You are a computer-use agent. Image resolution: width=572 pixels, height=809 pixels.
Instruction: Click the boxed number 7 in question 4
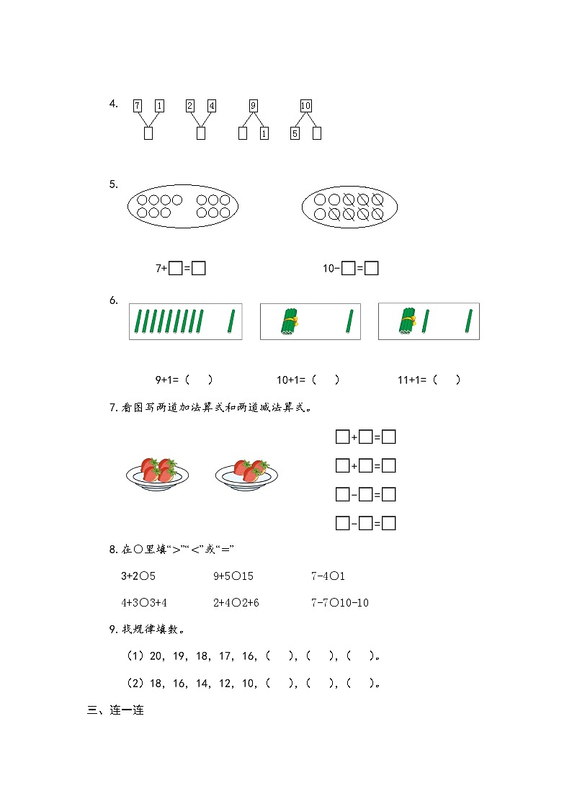(x=138, y=106)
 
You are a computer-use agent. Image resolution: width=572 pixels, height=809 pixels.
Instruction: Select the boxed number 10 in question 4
(x=305, y=106)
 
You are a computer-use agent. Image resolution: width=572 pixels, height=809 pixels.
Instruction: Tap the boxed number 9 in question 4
(x=253, y=106)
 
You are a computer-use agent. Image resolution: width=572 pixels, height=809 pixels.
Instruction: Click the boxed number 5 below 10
(x=295, y=133)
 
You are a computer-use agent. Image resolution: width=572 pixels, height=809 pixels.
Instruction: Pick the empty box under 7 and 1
(x=148, y=133)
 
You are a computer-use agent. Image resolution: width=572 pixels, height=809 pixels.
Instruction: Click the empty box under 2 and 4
(x=201, y=133)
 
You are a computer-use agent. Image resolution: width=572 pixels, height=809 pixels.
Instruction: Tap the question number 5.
(x=113, y=184)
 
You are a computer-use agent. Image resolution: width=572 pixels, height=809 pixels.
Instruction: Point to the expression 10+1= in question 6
(x=292, y=380)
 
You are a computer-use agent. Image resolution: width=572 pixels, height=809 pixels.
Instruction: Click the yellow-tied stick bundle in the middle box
(x=289, y=322)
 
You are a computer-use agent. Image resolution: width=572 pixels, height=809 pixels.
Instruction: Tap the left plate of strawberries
(x=157, y=473)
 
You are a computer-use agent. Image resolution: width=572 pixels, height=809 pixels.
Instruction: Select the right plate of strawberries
(x=246, y=473)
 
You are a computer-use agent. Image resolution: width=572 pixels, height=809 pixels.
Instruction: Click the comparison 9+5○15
(x=233, y=576)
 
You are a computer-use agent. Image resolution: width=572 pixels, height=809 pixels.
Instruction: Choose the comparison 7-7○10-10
(x=339, y=602)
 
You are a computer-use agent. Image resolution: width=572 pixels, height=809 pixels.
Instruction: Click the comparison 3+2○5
(x=138, y=576)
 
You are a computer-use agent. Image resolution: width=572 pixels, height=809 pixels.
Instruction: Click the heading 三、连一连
(x=115, y=710)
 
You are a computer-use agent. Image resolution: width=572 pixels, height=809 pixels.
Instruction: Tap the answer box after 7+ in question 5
(x=175, y=269)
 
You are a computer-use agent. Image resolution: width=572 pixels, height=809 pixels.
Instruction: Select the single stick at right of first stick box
(x=231, y=321)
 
